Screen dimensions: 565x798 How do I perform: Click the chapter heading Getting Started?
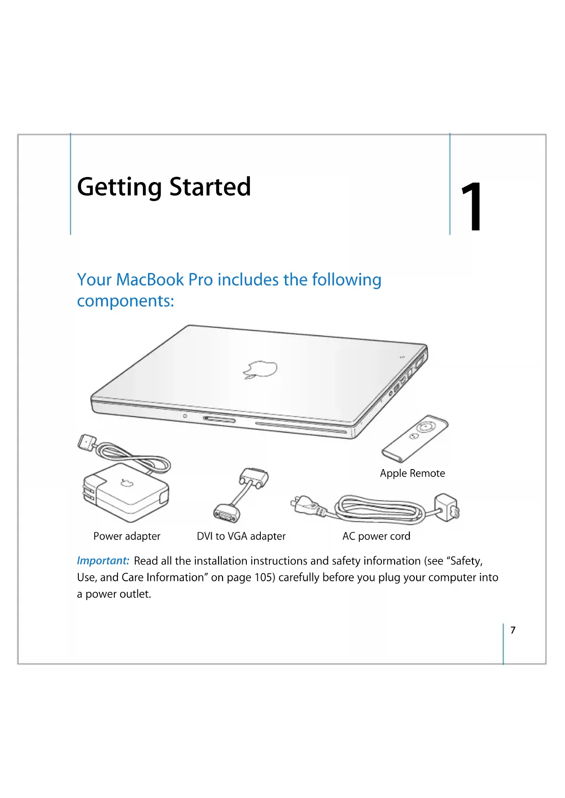[164, 187]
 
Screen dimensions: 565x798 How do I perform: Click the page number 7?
[513, 630]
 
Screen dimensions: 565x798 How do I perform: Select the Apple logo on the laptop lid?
[260, 369]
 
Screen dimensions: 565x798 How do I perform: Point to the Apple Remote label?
[412, 473]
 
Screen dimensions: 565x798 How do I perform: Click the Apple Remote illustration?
[415, 439]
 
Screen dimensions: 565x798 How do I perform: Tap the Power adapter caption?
[127, 536]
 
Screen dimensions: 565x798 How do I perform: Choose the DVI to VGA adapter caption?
[241, 536]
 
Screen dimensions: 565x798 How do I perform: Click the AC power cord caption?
[377, 536]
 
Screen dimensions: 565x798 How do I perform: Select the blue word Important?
[103, 561]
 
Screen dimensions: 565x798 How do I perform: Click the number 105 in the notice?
[264, 577]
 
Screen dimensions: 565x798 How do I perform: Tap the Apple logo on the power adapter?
[127, 483]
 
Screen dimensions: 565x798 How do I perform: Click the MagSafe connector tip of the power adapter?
[87, 441]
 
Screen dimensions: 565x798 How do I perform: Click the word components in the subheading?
[126, 302]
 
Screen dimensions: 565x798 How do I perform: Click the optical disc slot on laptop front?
[301, 428]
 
